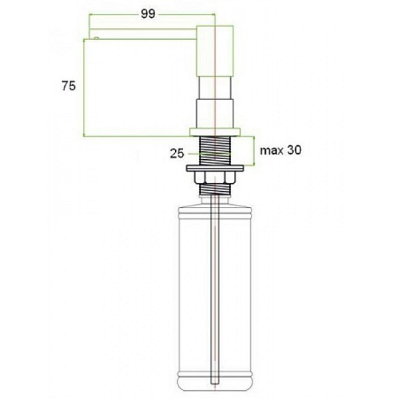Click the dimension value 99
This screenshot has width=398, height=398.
click(x=148, y=14)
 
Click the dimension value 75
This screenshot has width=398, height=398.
click(x=68, y=86)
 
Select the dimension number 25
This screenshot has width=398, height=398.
click(x=177, y=154)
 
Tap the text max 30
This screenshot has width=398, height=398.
click(x=281, y=150)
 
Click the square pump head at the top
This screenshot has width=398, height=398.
click(x=215, y=51)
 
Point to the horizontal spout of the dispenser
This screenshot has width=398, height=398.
click(x=143, y=34)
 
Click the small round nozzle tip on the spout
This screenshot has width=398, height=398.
click(x=96, y=38)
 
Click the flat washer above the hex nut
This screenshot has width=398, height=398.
click(x=215, y=168)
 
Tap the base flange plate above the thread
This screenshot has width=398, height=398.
click(x=215, y=132)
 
